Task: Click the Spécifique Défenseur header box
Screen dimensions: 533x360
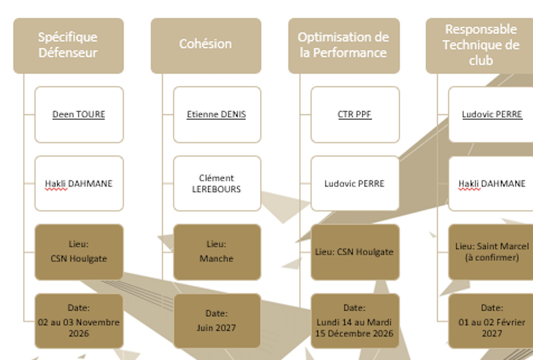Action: point(69,46)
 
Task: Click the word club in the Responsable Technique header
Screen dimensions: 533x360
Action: point(481,61)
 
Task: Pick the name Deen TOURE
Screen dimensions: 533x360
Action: point(79,114)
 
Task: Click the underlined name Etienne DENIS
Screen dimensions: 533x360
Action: point(216,114)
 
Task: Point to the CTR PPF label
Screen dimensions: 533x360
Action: point(354,114)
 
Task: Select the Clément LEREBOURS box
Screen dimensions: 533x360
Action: point(217,183)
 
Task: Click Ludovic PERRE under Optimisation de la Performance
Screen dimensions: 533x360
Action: point(354,183)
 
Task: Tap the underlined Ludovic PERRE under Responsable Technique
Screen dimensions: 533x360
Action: point(492,114)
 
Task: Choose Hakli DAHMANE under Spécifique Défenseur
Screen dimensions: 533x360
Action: point(79,184)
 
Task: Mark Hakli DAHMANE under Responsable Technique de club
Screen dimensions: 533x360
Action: point(492,184)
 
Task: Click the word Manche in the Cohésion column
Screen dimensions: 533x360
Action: point(216,259)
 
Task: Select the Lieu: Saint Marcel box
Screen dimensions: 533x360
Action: point(491,252)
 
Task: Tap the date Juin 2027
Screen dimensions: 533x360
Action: point(216,328)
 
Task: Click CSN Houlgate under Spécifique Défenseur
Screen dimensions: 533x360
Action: point(79,259)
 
